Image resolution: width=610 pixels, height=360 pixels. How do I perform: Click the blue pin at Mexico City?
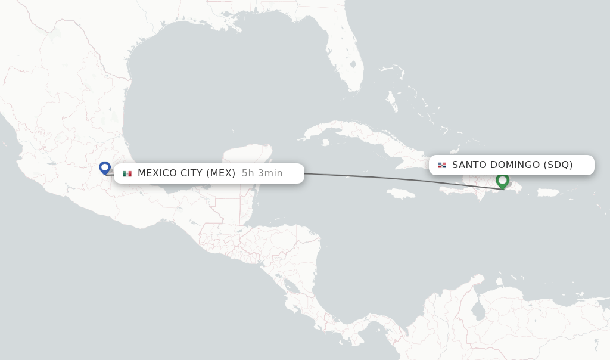[105, 168]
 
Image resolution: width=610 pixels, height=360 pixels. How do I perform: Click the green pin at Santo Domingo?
[502, 180]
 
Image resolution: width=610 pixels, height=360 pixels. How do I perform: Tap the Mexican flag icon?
[127, 173]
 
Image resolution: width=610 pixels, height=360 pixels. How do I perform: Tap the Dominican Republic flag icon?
[442, 165]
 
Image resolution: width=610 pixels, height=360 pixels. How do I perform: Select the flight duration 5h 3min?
[262, 173]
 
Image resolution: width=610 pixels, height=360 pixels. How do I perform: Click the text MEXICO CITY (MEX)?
[186, 173]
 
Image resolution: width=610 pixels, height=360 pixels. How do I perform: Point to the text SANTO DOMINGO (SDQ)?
[512, 165]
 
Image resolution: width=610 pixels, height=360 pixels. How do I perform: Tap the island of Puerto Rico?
[548, 193]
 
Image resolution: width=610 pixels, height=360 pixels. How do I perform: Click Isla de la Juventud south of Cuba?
[325, 142]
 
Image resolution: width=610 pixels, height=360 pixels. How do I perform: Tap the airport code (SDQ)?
[558, 165]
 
